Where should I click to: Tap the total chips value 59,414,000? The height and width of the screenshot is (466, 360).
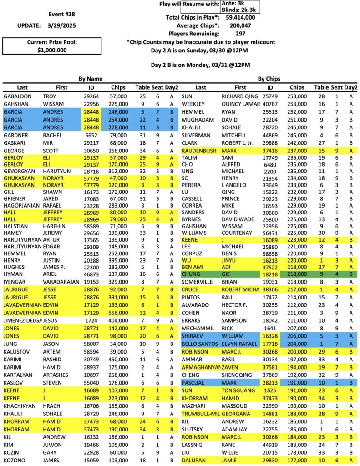coord(240,17)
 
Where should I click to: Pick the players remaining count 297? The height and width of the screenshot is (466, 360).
coord(241,34)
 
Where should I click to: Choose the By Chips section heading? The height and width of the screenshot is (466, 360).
coord(269,78)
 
